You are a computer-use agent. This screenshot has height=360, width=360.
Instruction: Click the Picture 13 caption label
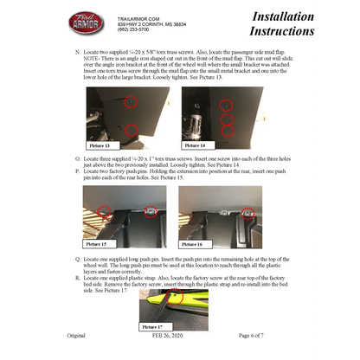[103, 146]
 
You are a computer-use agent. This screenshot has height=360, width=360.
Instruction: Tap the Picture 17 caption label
[154, 327]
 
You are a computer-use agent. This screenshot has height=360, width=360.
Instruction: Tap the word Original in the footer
[76, 335]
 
